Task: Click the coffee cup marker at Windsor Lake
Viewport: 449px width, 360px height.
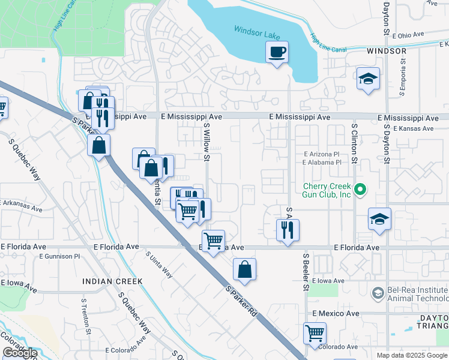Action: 277,52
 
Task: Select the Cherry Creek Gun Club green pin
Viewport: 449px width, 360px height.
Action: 360,190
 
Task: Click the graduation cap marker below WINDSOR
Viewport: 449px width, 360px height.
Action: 368,79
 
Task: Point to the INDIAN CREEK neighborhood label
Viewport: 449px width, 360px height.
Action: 113,281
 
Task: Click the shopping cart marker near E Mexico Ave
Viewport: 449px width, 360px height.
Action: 315,333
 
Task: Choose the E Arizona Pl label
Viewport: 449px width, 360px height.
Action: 325,154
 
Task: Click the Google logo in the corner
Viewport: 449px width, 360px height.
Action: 20,353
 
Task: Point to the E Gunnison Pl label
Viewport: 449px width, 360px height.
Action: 59,256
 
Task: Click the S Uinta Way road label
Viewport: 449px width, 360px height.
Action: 159,265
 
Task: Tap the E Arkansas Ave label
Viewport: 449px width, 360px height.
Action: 21,206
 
